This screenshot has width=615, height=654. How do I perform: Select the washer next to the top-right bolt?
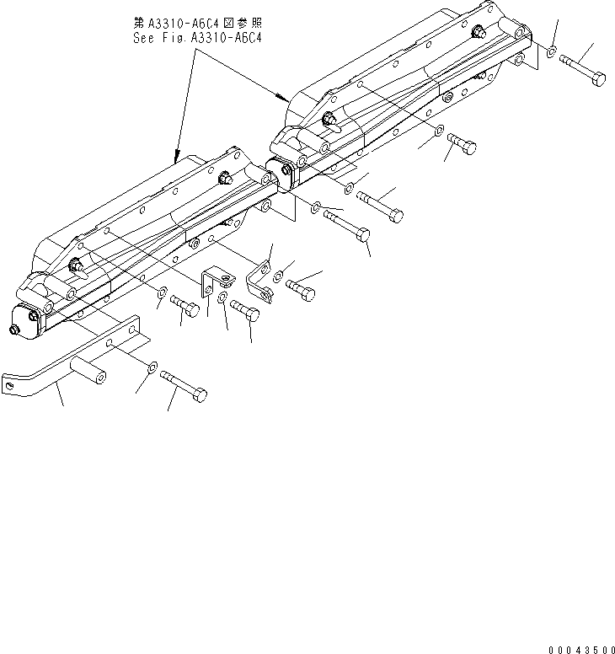pyautogui.click(x=550, y=53)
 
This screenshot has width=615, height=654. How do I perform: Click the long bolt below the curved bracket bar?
pyautogui.click(x=184, y=384)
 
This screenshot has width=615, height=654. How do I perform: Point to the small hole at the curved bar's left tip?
pyautogui.click(x=10, y=386)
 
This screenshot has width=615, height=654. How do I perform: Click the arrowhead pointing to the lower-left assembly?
pyautogui.click(x=175, y=158)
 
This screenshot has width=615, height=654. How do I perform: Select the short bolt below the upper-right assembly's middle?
pyautogui.click(x=460, y=145)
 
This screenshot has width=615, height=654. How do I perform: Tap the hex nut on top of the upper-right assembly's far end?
pyautogui.click(x=478, y=34)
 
